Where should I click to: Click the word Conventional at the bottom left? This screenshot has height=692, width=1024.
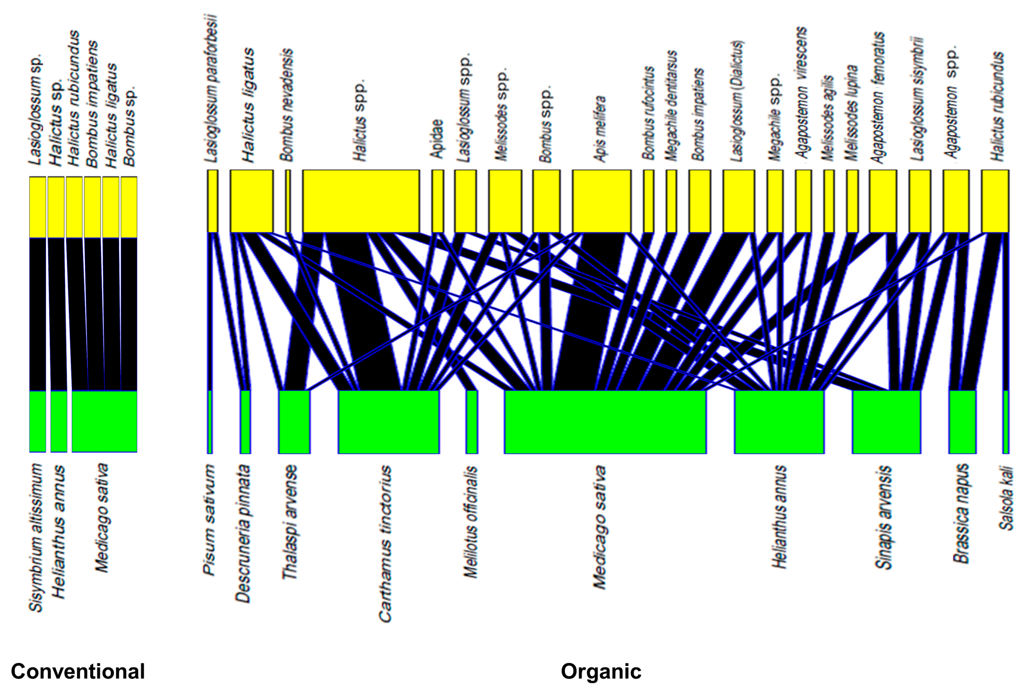[x=77, y=672]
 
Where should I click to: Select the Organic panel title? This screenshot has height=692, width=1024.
[x=601, y=672]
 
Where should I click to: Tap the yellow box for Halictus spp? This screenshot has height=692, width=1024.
[x=361, y=201]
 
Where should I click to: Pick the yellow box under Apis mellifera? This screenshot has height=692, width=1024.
[x=602, y=201]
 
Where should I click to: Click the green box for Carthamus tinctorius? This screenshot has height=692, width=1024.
[x=389, y=422]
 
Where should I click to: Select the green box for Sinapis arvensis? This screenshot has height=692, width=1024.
[x=886, y=422]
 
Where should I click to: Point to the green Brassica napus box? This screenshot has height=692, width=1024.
[x=962, y=422]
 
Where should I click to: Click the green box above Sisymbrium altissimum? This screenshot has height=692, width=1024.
[x=38, y=421]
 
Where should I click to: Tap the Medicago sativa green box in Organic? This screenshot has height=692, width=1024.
[x=605, y=422]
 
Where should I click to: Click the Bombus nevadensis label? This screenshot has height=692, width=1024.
[x=287, y=105]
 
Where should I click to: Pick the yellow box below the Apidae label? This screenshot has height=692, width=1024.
[x=438, y=201]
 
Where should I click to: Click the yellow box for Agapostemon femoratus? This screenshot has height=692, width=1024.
[x=883, y=201]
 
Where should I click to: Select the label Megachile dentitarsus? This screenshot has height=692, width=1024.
[x=671, y=106]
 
